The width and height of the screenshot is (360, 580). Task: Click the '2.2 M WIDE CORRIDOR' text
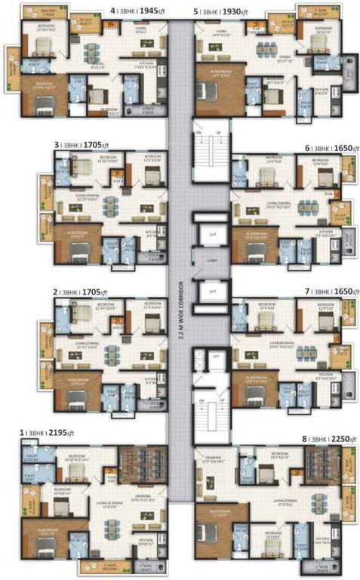(x=181, y=302)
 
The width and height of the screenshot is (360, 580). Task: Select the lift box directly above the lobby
(x=213, y=235)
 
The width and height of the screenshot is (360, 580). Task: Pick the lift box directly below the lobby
(x=213, y=290)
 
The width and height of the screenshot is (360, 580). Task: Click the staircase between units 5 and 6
(x=211, y=151)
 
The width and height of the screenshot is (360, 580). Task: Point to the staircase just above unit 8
(x=211, y=416)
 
